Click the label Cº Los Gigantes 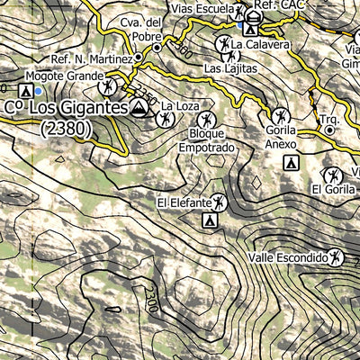(66, 108)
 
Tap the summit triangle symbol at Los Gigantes (139, 108)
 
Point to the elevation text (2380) (67, 129)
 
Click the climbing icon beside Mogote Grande (109, 87)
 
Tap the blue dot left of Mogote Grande (37, 90)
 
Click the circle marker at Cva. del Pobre (157, 47)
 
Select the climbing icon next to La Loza (166, 118)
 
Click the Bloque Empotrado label (206, 140)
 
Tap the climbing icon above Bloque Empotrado (207, 121)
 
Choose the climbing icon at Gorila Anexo (282, 115)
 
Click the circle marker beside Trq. (330, 130)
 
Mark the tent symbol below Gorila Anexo (291, 163)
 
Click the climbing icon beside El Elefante (220, 203)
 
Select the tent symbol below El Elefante (210, 220)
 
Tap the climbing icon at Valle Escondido (336, 257)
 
